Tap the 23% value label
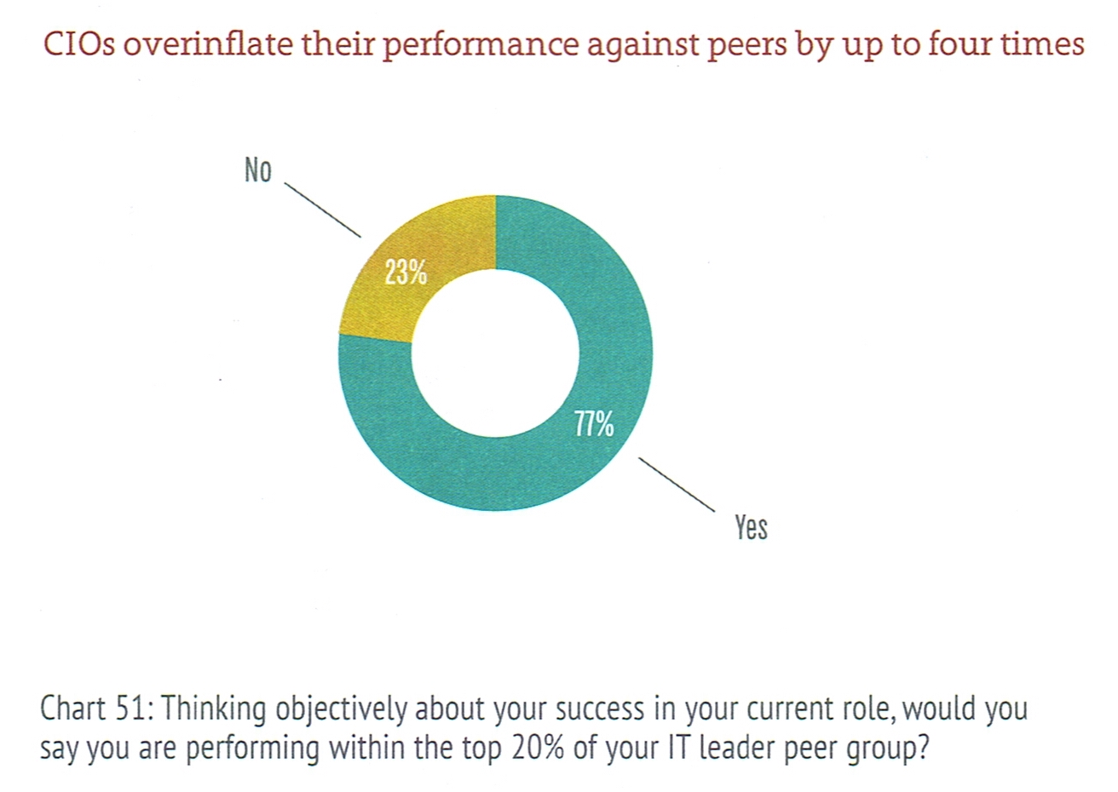tap(405, 273)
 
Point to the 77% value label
tap(593, 423)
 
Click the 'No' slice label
tap(257, 170)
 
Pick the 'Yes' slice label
tap(751, 527)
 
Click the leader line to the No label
tap(322, 209)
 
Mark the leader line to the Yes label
tap(676, 485)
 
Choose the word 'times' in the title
tap(1043, 43)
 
